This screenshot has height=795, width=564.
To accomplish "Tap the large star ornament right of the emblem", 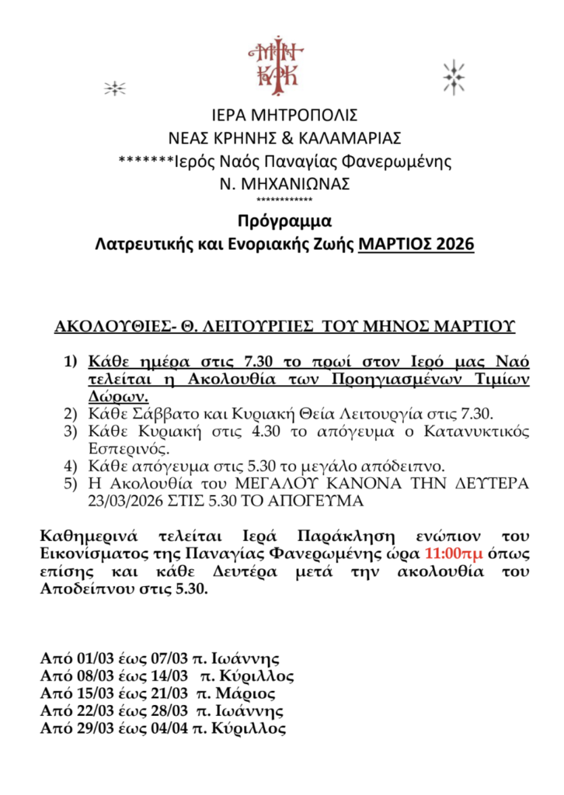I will point(453,78).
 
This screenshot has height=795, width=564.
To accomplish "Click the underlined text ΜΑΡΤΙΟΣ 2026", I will point(416,245).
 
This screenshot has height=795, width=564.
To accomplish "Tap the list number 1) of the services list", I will point(71,362).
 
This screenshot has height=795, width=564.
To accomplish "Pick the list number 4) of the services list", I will point(71,467).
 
